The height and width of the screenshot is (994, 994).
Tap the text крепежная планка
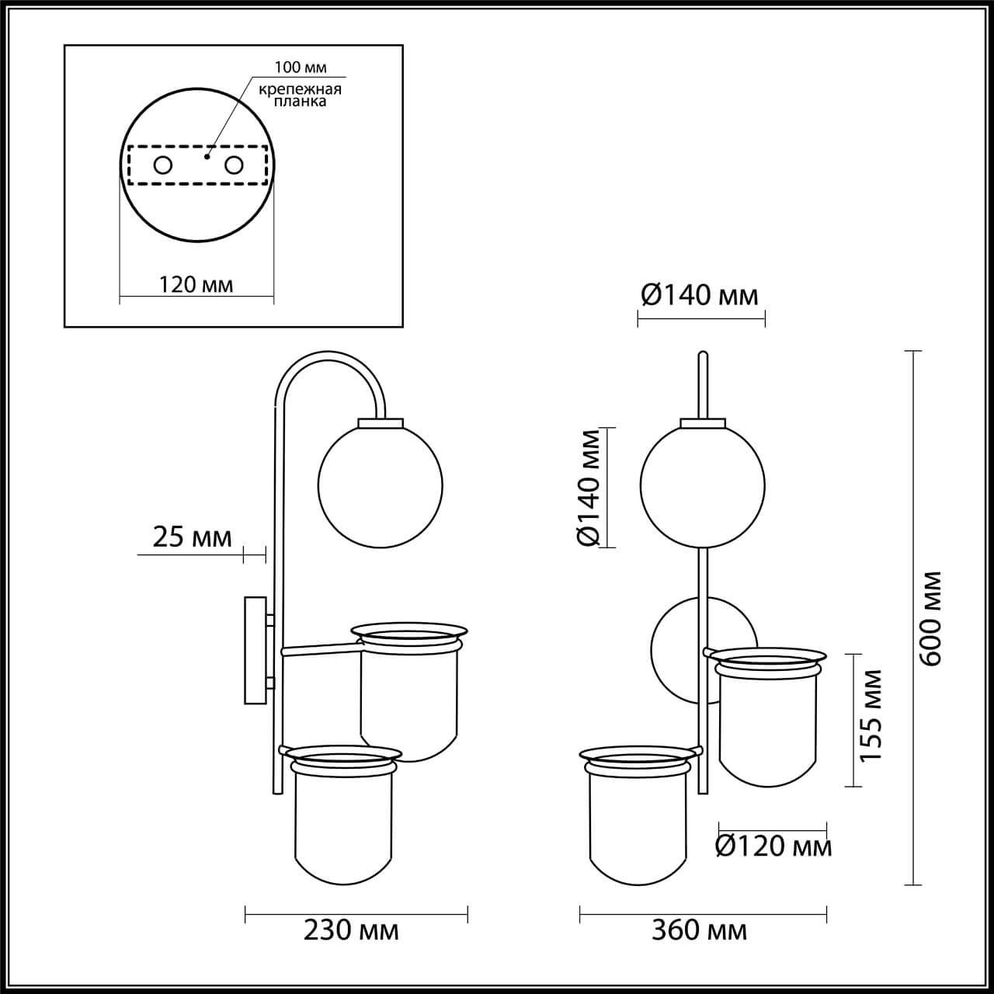point(300,96)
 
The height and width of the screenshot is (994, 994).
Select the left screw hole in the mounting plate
point(163,165)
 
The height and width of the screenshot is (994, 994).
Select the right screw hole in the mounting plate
point(234,165)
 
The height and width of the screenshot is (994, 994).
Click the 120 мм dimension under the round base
point(196,285)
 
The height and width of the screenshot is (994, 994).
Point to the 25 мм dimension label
point(191,537)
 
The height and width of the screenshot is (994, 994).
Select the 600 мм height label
point(929,618)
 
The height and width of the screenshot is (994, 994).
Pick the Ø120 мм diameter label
point(773,846)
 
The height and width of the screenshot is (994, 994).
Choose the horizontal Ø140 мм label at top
point(699,295)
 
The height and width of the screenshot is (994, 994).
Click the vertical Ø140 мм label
point(591,487)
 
